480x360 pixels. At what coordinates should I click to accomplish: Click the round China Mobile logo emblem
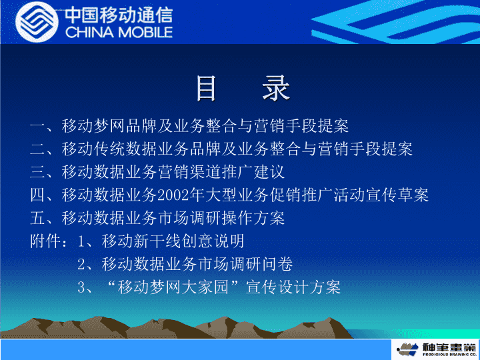(x=37, y=22)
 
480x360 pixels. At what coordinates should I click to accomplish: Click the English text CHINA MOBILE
(x=119, y=32)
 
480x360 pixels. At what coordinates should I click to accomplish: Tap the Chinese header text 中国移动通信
(x=119, y=15)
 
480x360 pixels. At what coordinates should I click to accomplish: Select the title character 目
(x=206, y=89)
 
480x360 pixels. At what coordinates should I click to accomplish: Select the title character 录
(x=276, y=89)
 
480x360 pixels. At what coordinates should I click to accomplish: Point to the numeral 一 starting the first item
(x=37, y=126)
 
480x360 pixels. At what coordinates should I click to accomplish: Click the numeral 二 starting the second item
(x=37, y=149)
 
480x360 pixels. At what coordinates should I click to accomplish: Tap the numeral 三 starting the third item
(x=37, y=172)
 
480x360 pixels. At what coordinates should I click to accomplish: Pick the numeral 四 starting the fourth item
(x=37, y=195)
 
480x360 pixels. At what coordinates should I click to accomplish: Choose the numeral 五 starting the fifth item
(x=37, y=218)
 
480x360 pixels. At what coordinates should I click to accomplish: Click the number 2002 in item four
(x=173, y=195)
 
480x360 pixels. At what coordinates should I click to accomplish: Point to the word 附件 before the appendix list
(x=45, y=241)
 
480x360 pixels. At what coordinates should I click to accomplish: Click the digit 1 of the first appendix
(x=81, y=241)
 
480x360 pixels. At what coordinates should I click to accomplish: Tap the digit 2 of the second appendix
(x=81, y=264)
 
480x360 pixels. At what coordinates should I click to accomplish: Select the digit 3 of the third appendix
(x=81, y=287)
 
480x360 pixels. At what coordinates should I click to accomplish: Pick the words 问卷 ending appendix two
(x=277, y=264)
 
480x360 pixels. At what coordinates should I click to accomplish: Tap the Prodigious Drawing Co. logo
(x=436, y=349)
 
